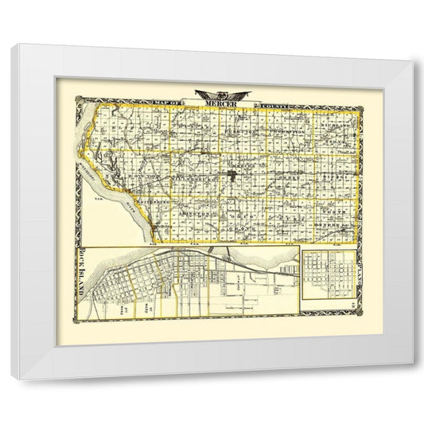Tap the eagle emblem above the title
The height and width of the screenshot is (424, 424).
click(216, 92)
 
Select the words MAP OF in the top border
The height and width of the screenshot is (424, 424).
click(168, 103)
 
